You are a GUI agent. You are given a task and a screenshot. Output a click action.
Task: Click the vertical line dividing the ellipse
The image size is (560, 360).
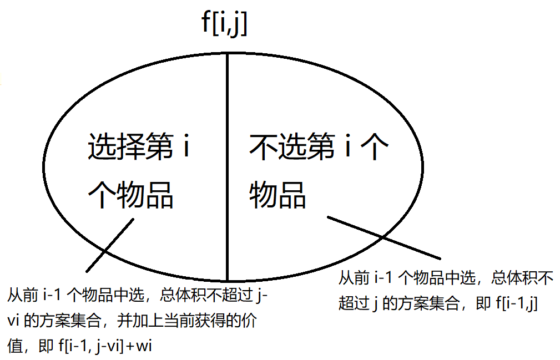tap(227, 166)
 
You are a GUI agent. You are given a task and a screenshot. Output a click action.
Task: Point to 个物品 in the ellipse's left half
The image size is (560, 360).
tap(131, 194)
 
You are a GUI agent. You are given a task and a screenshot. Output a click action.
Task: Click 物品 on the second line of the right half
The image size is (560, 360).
tap(278, 194)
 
